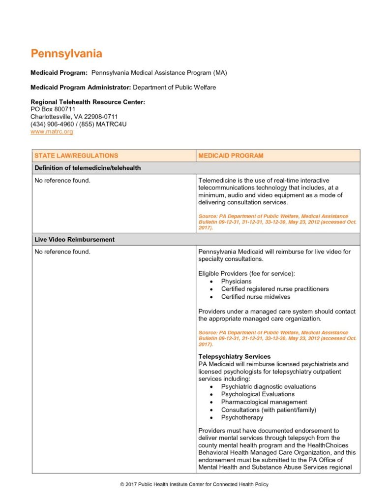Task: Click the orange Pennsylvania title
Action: click(x=66, y=53)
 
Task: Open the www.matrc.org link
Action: click(x=52, y=132)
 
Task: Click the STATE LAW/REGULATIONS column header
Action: click(x=76, y=156)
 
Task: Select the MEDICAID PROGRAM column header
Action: click(x=231, y=156)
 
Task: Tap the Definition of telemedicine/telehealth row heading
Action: click(x=88, y=168)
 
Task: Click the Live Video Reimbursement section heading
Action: click(x=74, y=240)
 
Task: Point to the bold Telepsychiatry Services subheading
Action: click(x=234, y=356)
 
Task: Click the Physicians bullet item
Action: click(x=236, y=282)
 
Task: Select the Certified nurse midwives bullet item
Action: click(x=255, y=297)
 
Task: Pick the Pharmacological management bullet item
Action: click(x=264, y=402)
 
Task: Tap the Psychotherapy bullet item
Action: click(x=242, y=417)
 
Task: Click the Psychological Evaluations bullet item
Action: click(x=258, y=394)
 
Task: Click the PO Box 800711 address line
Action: click(x=53, y=109)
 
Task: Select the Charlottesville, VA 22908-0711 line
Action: click(x=74, y=117)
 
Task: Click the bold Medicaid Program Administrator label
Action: click(x=81, y=88)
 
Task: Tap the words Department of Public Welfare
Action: click(x=175, y=88)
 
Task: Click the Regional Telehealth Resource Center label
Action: click(x=88, y=102)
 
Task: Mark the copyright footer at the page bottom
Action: click(x=194, y=485)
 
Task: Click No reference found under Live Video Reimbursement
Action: click(x=62, y=252)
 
